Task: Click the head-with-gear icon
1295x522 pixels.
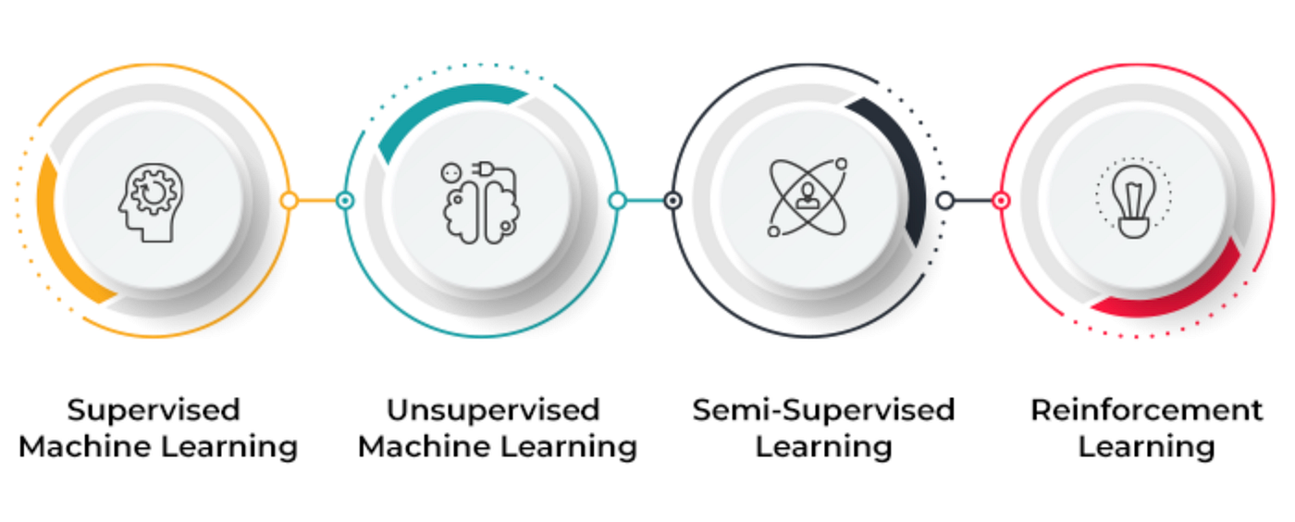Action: [x=152, y=202]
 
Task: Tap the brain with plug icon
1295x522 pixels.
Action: [x=480, y=202]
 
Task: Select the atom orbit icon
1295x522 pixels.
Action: [x=808, y=197]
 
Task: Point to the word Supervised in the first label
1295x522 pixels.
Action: [x=154, y=411]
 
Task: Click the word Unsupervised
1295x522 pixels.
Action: [x=493, y=410]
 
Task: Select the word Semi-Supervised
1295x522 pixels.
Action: [x=823, y=410]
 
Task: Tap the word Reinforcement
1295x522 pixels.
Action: [x=1146, y=410]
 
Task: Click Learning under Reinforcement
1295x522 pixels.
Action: [x=1146, y=447]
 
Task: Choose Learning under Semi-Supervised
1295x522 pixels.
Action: [x=824, y=447]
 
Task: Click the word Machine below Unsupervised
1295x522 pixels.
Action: [x=425, y=447]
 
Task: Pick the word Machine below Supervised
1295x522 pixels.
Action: [x=85, y=447]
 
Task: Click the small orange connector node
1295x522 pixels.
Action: [x=289, y=200]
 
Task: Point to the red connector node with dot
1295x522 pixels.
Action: [x=1001, y=200]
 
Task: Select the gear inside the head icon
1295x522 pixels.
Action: [x=153, y=191]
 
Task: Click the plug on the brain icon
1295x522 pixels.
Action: [x=483, y=168]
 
